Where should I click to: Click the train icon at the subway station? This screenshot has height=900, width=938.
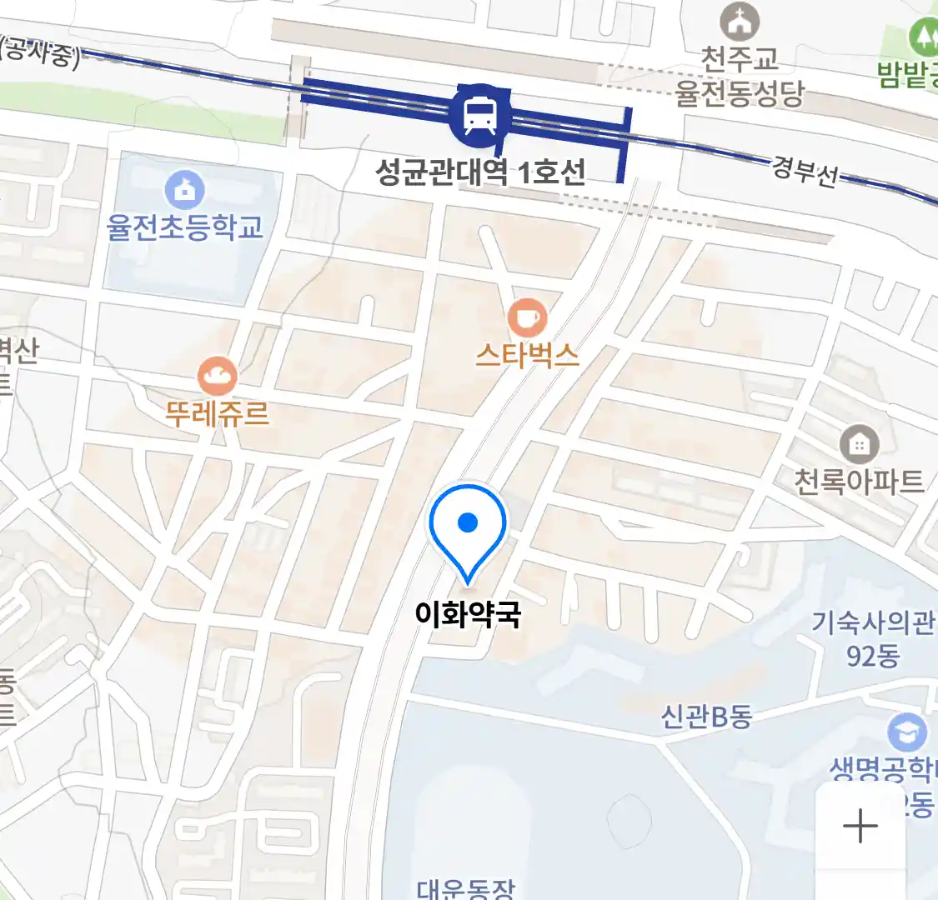tap(479, 116)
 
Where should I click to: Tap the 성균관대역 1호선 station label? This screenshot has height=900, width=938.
tap(480, 172)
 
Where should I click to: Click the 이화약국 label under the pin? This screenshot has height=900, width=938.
tap(468, 615)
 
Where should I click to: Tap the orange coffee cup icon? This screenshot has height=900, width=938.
tap(527, 317)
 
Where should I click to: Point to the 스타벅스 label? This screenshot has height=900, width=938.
tap(527, 356)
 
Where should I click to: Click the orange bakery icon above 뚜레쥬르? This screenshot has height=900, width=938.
tap(218, 377)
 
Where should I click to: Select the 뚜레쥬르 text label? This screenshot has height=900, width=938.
tap(218, 413)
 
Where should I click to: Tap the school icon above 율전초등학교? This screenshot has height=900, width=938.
tap(185, 190)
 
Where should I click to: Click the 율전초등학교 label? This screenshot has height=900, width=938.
tap(185, 227)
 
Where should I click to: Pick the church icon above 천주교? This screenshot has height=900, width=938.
tap(740, 22)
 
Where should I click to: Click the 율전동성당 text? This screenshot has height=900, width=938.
tap(740, 93)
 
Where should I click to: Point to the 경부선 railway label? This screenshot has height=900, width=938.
tap(805, 172)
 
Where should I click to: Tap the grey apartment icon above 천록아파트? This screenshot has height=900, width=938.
tap(858, 444)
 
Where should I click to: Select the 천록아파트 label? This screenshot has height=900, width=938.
tap(859, 482)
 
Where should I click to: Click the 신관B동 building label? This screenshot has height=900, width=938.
tap(706, 717)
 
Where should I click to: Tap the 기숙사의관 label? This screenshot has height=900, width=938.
tap(872, 622)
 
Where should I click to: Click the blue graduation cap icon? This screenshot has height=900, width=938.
tap(906, 733)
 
